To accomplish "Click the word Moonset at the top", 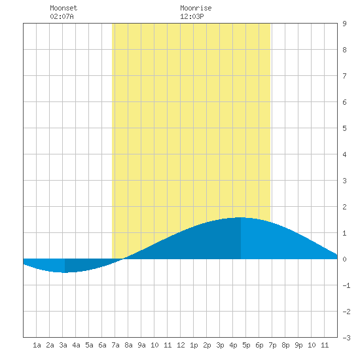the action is click(63, 8).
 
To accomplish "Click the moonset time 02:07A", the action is click(62, 16).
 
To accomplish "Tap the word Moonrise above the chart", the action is click(196, 8).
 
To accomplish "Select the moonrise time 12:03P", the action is click(192, 16).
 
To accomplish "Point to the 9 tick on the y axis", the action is click(344, 24).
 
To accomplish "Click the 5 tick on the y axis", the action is click(344, 128).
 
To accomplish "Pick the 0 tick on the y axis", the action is click(344, 259).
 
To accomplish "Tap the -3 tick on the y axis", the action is click(346, 338).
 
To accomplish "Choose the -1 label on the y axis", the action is click(346, 285).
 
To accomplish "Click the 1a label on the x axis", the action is click(37, 345).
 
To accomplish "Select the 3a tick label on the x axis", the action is click(63, 345).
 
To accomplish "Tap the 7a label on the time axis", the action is click(115, 345).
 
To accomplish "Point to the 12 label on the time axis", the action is click(181, 345).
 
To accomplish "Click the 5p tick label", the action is click(246, 345).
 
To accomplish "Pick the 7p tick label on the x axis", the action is click(272, 345).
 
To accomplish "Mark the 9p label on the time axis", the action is click(298, 345).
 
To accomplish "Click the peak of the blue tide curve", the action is click(241, 217).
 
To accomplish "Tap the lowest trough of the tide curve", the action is click(65, 272).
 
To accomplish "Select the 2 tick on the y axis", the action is click(344, 207).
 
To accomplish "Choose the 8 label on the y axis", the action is click(344, 50).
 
